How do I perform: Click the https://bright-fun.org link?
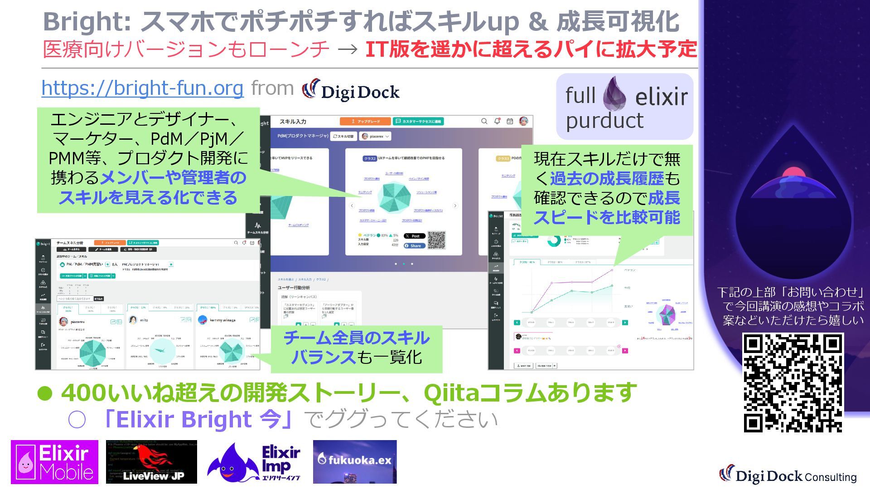(x=142, y=88)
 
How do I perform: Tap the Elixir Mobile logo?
(x=54, y=462)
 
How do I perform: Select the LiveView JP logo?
(x=151, y=462)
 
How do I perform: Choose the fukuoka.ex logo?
(x=355, y=461)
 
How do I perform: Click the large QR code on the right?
(x=793, y=382)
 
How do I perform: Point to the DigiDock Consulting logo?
(x=788, y=475)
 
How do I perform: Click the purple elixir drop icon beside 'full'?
(x=614, y=94)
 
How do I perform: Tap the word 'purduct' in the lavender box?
(x=604, y=121)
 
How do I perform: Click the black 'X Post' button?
(x=415, y=236)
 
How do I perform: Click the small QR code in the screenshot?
(x=436, y=240)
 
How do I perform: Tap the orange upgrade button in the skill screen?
(x=365, y=122)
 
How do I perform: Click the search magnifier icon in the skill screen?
(x=484, y=121)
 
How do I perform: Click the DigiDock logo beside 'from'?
(x=351, y=90)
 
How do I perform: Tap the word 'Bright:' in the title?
(x=86, y=21)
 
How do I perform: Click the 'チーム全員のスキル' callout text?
(x=356, y=338)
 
